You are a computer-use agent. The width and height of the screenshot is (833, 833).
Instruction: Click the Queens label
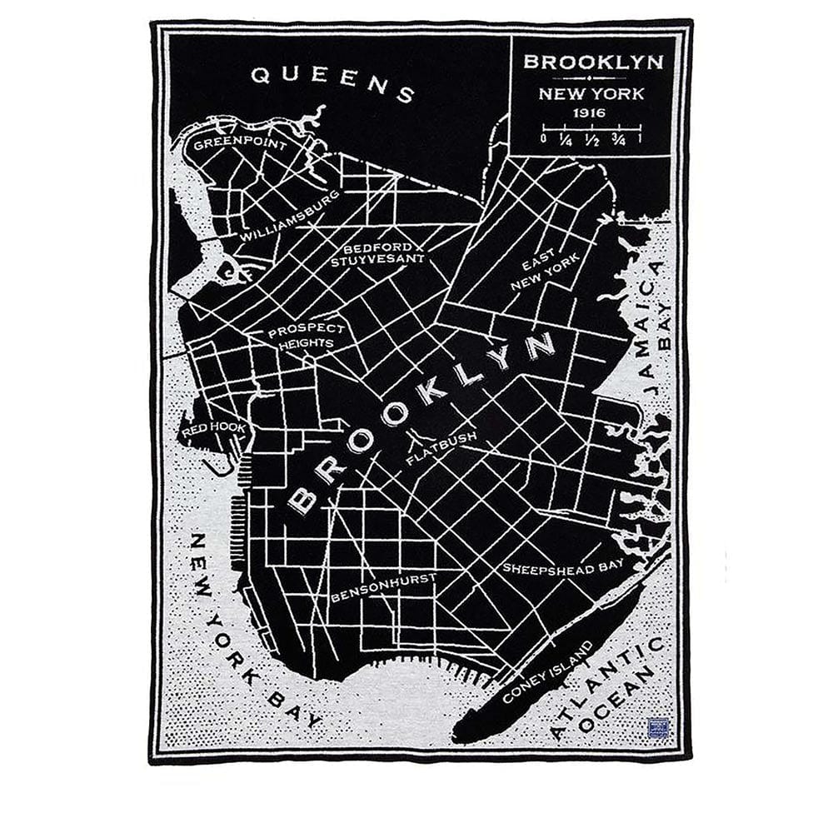[333, 83]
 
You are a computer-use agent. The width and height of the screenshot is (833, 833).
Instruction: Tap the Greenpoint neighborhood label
[240, 144]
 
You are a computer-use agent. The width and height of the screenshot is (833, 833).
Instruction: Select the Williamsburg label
[290, 216]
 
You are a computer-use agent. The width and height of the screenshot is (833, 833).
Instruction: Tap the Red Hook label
[214, 428]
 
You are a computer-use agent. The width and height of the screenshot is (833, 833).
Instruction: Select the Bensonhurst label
[384, 586]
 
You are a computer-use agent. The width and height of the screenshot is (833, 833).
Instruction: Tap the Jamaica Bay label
[656, 327]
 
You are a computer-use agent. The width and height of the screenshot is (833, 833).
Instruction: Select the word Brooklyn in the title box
[593, 62]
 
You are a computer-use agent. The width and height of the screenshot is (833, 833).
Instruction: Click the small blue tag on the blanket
[658, 728]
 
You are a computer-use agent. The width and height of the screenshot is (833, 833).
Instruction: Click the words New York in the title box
[591, 93]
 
